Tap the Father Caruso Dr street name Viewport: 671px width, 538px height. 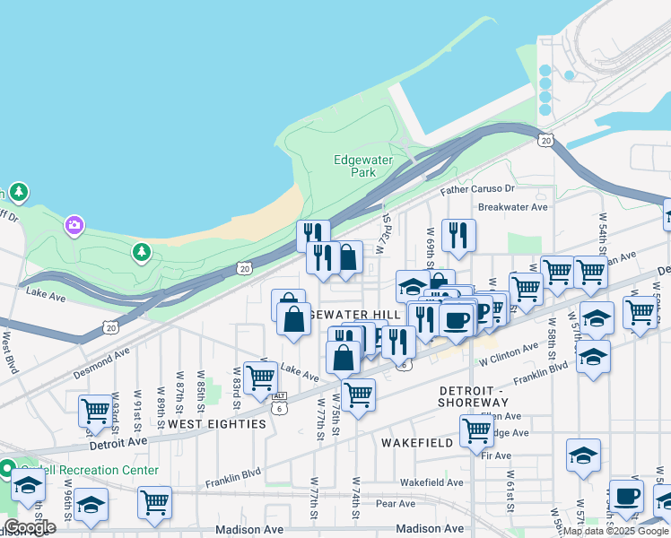tap(477, 190)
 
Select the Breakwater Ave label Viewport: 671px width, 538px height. tap(512, 206)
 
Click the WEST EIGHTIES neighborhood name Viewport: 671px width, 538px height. tap(216, 423)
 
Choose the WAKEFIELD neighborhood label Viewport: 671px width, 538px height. tap(412, 443)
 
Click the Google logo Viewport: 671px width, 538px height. tap(30, 527)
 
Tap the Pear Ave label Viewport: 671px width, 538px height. tap(396, 504)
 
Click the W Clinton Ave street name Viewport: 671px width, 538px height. tap(507, 356)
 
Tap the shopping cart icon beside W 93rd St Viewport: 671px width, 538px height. tap(95, 412)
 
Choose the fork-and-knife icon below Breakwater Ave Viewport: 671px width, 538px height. tap(458, 235)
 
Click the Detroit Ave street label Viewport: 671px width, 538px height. tap(118, 442)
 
